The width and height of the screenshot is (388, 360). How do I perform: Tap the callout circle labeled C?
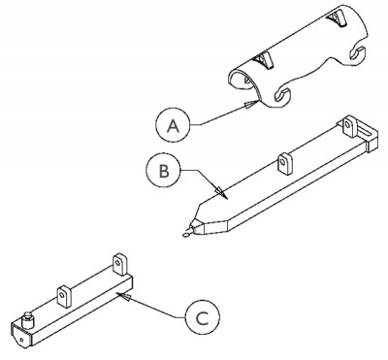pyautogui.click(x=199, y=316)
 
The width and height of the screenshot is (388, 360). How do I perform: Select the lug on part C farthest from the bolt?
pyautogui.click(x=121, y=263)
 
